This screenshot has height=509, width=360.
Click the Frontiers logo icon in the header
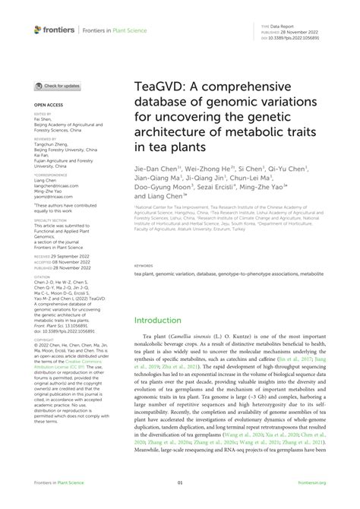click(39, 30)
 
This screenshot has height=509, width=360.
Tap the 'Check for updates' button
click(57, 86)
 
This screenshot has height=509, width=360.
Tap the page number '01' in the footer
click(180, 502)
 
